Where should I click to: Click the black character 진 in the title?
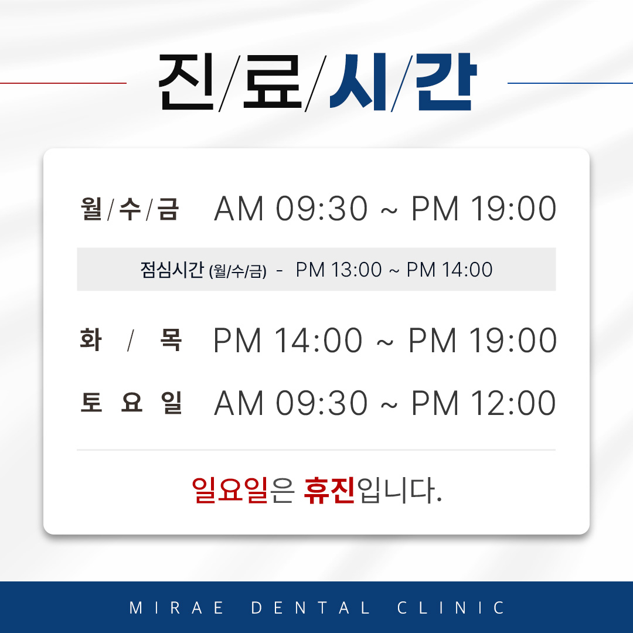pyautogui.click(x=186, y=83)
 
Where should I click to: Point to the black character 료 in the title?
pyautogui.click(x=272, y=83)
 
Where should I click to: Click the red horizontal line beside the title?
pyautogui.click(x=63, y=83)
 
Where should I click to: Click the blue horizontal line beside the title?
pyautogui.click(x=570, y=83)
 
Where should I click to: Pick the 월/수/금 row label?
pyautogui.click(x=130, y=209)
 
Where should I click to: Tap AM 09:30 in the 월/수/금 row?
pyautogui.click(x=291, y=209)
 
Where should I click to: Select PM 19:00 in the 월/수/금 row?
pyautogui.click(x=484, y=209)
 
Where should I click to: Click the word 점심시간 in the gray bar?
pyautogui.click(x=172, y=270)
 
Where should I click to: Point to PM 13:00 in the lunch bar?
pyautogui.click(x=339, y=270)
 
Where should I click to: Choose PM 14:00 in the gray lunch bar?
pyautogui.click(x=450, y=270)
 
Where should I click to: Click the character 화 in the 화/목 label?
pyautogui.click(x=91, y=341)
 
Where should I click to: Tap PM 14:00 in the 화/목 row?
pyautogui.click(x=288, y=341)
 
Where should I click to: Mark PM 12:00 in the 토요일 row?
pyautogui.click(x=484, y=404)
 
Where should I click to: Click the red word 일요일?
pyautogui.click(x=230, y=491)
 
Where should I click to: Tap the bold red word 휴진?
pyautogui.click(x=329, y=491)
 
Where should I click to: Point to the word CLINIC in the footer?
pyautogui.click(x=451, y=608)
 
